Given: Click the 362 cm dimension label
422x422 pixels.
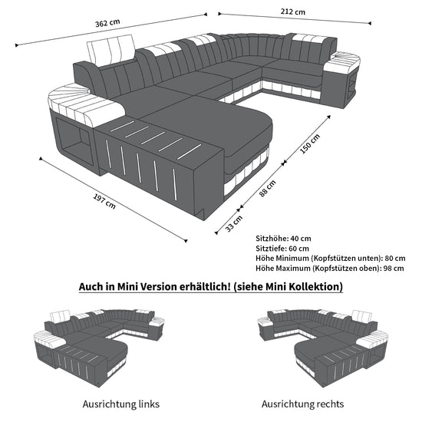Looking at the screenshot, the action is coord(107,23).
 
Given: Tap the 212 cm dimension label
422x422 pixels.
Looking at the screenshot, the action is coord(293,12).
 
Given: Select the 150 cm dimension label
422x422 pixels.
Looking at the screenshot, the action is coord(310,143).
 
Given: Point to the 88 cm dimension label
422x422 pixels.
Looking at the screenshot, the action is coord(268,189).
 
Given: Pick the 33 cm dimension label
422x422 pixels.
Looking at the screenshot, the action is coord(234,223).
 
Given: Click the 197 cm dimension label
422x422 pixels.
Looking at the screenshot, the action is coord(104,201).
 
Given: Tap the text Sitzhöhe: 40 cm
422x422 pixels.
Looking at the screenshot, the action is coord(283,239).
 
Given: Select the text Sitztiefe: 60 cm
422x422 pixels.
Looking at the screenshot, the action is coord(282,249).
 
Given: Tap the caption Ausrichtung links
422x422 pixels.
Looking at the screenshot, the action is coord(120,404).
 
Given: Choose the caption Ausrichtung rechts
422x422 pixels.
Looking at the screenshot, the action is coord(302,404).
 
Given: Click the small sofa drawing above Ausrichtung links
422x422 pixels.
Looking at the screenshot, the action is coord(99,347).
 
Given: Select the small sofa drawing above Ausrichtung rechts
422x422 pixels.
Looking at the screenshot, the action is coord(322,347).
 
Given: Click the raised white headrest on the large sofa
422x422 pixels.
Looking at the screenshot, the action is coord(111,48).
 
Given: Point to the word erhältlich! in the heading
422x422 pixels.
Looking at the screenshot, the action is coord(205,287).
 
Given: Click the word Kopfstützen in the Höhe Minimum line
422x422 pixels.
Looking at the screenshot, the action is coord(334,258).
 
